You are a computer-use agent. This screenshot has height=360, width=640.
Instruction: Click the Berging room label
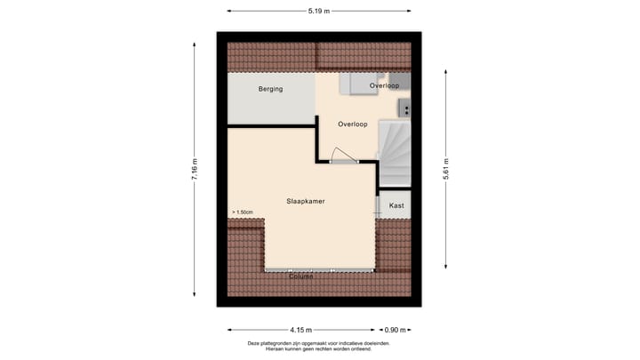coord(270,89)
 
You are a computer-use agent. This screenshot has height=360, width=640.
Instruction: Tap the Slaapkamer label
coord(306,202)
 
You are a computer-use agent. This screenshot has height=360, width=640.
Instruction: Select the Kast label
coord(396,205)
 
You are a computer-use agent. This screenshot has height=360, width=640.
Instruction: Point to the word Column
coord(300,276)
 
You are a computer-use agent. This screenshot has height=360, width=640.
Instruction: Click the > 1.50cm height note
coord(243,212)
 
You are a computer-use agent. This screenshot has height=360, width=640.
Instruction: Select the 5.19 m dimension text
coord(319,12)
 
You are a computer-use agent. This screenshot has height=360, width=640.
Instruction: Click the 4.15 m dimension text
coord(300,330)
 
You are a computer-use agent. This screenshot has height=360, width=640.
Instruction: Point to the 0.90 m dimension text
coord(395,330)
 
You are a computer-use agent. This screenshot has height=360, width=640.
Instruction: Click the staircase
coord(394,154)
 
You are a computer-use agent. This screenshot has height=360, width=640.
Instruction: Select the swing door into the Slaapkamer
coord(342,155)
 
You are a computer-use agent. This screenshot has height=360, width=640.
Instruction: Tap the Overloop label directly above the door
coord(353,124)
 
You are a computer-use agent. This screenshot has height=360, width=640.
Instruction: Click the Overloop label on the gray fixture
coord(384,85)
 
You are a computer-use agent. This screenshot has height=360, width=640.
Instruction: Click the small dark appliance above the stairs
coord(404,109)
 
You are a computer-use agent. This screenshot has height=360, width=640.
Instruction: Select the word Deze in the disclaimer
coord(255,343)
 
